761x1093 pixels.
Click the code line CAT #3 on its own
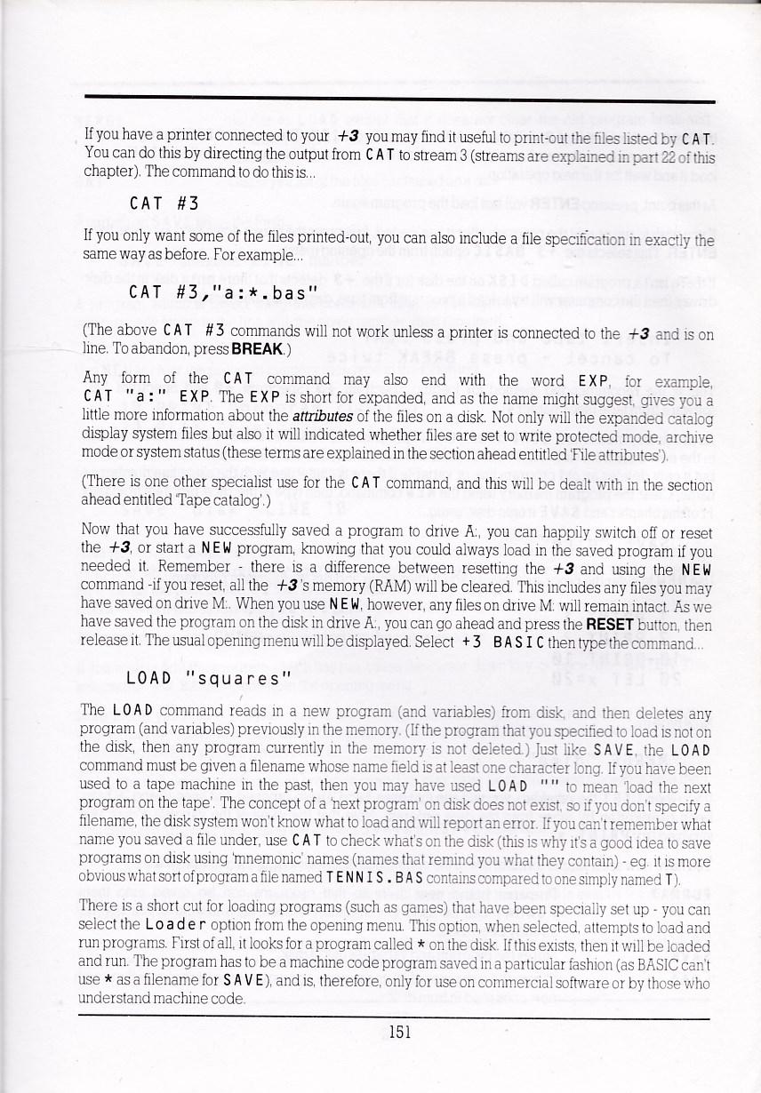(163, 203)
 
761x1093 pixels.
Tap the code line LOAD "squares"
(210, 680)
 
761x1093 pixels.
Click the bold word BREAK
(257, 349)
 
